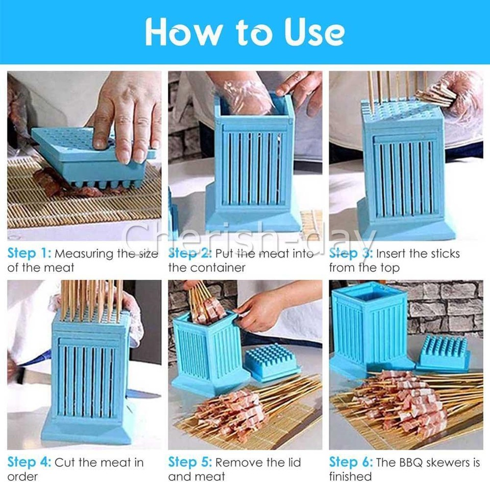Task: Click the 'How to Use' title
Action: pos(245,32)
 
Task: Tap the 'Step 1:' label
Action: pos(29,254)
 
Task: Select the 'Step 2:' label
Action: pos(190,254)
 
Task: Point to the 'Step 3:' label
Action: pos(351,254)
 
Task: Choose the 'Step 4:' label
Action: pos(29,463)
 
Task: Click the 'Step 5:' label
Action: pos(190,463)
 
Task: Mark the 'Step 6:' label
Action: pos(351,463)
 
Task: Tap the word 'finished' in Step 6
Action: pos(350,477)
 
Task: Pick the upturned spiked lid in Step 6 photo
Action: pos(443,352)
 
